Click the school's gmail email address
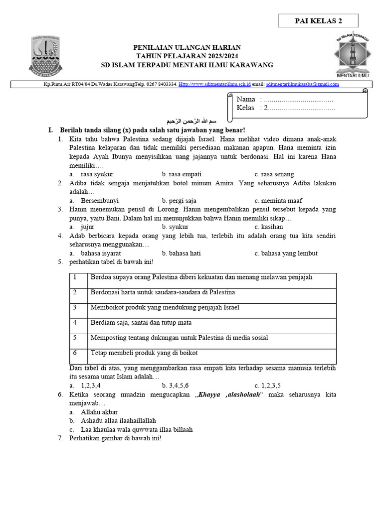click(303, 84)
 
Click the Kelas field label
click(245, 108)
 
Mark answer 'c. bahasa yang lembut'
click(286, 253)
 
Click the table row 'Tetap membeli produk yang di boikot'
click(144, 353)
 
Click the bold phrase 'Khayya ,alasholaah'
click(228, 395)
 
